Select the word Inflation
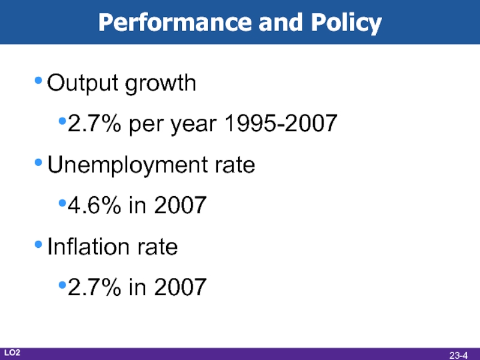[85, 247]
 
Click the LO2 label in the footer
[13, 352]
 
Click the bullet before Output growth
[39, 82]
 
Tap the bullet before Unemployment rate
[39, 163]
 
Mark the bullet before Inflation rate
[39, 245]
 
